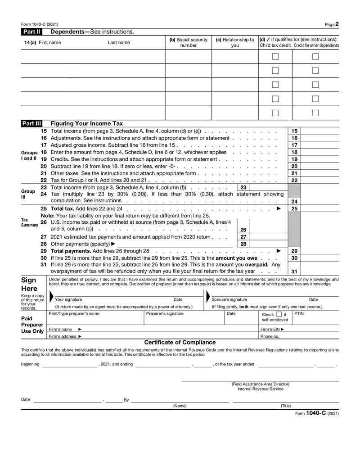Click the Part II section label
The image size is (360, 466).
[x=32, y=32]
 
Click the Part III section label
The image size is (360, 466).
[x=32, y=123]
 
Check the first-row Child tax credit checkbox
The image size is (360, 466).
[x=275, y=57]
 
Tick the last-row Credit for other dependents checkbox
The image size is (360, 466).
[x=315, y=113]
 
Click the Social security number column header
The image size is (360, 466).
[x=188, y=42]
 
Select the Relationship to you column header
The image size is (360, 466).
[x=235, y=42]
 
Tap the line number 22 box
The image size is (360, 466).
[x=294, y=181]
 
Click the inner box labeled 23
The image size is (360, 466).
[x=243, y=187]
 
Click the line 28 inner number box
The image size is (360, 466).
[x=243, y=244]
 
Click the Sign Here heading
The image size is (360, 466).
[x=29, y=284]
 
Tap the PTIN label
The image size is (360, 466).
[x=299, y=313]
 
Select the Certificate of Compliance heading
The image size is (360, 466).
[x=180, y=343]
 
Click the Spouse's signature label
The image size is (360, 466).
[x=229, y=299]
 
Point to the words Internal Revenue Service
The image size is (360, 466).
[x=260, y=389]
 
